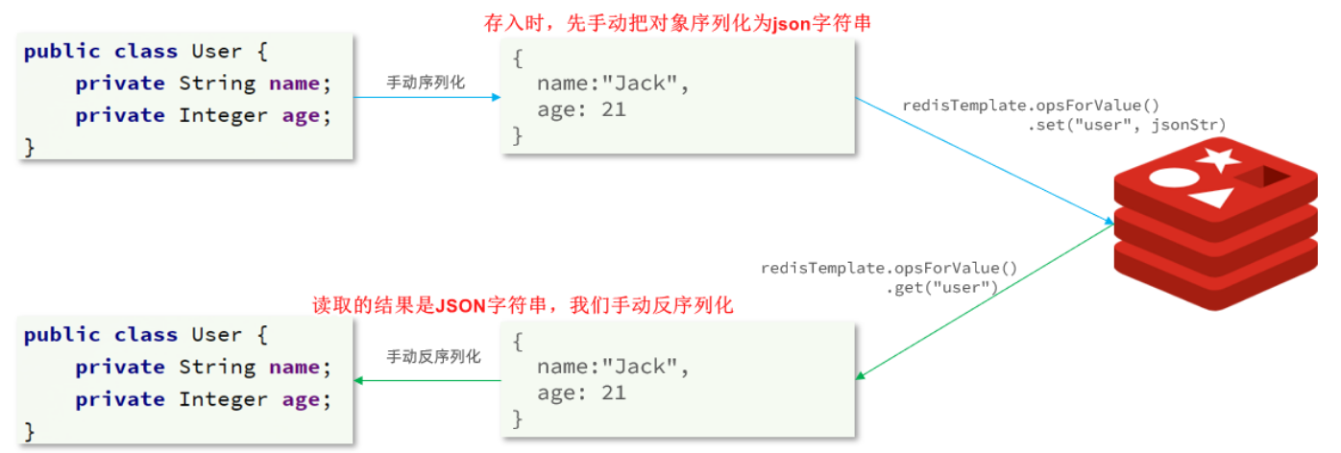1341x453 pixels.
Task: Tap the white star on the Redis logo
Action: click(x=1218, y=159)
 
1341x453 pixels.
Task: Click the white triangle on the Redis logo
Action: click(x=1212, y=199)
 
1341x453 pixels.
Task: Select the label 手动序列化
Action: click(x=426, y=83)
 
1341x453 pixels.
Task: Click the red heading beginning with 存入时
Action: click(x=677, y=24)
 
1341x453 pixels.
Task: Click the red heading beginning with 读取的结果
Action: click(x=523, y=306)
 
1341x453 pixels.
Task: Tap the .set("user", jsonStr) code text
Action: click(x=1127, y=125)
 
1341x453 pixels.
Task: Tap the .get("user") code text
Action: click(x=942, y=286)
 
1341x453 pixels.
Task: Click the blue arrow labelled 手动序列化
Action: click(x=427, y=97)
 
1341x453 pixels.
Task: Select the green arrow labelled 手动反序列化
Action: click(x=427, y=380)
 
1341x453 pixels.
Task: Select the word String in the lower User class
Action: click(x=217, y=367)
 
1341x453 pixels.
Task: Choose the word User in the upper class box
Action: click(x=216, y=51)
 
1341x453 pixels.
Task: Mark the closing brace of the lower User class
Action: click(x=29, y=430)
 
